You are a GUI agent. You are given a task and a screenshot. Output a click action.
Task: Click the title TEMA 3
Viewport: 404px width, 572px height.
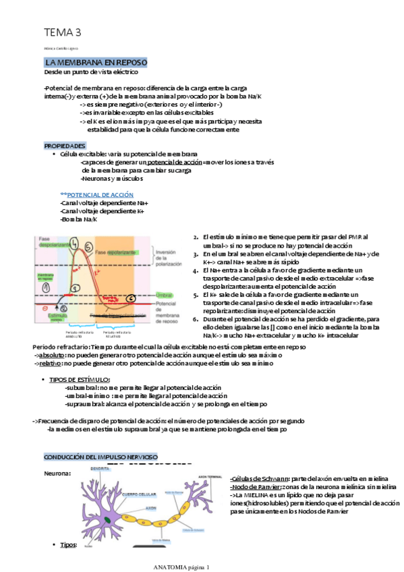63,32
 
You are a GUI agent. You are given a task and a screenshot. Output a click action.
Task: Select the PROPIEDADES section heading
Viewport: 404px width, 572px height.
65,146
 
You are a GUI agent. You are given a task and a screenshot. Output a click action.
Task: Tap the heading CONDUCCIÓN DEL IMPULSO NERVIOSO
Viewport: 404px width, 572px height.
100,457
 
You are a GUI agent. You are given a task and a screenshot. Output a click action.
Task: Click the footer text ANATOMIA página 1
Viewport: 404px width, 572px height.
182,567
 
